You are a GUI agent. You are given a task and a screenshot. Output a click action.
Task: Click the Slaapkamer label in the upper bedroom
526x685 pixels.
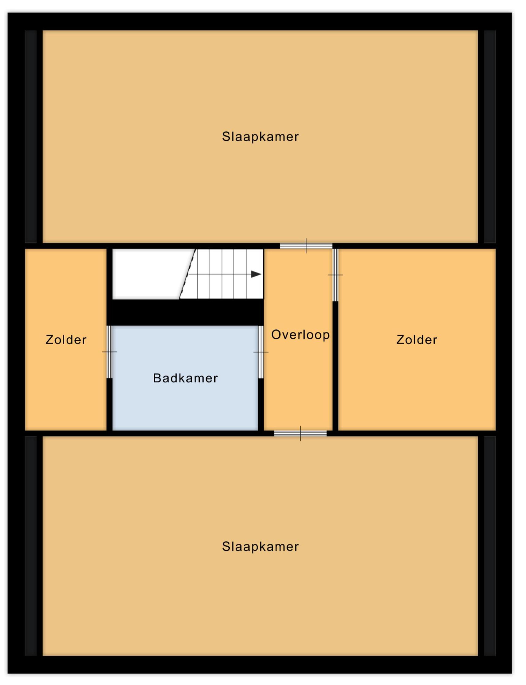[260, 137]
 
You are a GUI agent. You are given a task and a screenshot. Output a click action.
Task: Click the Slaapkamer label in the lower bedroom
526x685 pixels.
[260, 546]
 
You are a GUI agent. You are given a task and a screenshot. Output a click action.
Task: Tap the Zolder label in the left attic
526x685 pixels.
[66, 340]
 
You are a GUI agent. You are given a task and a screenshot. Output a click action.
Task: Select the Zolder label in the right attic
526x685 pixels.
[417, 340]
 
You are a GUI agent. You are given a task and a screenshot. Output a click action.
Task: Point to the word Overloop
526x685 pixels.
[300, 335]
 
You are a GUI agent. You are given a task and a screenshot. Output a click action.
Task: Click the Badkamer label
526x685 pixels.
[185, 378]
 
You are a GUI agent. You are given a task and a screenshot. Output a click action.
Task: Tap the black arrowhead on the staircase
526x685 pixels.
[256, 274]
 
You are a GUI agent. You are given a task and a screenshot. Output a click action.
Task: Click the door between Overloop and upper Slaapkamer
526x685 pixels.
[306, 246]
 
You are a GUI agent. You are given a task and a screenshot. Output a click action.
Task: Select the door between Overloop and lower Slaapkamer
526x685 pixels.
[300, 433]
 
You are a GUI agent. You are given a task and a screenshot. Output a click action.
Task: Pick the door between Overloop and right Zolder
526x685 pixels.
[335, 275]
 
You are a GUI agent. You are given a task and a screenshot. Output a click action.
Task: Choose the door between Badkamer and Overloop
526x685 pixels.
[261, 352]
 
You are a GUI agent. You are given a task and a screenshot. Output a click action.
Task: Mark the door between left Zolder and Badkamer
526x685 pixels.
[109, 352]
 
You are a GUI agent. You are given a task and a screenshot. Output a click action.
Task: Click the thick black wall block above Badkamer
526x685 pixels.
[185, 312]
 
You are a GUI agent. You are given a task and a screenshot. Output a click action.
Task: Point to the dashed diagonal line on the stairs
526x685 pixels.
[188, 274]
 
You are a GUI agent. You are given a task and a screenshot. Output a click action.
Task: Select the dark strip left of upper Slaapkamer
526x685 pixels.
[31, 137]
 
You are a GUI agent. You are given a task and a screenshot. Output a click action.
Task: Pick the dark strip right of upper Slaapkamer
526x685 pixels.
[490, 137]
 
